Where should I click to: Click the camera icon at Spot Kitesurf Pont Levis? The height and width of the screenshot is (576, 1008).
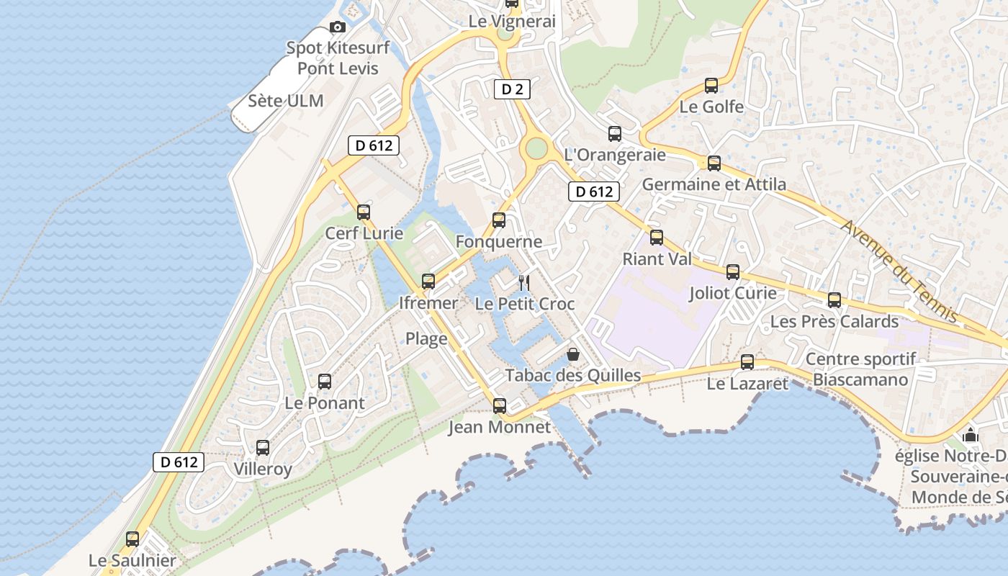pyautogui.click(x=337, y=27)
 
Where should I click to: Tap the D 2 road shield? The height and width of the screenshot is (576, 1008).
pyautogui.click(x=512, y=89)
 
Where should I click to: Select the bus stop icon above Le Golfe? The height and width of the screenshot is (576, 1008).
pyautogui.click(x=711, y=86)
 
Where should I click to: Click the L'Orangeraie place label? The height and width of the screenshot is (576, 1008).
pyautogui.click(x=615, y=155)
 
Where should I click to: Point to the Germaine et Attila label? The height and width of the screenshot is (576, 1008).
pyautogui.click(x=714, y=184)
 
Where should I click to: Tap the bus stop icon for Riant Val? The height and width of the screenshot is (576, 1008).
pyautogui.click(x=657, y=237)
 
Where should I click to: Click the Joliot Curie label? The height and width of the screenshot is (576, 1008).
pyautogui.click(x=733, y=293)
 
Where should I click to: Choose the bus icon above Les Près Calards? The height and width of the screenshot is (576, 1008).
pyautogui.click(x=834, y=300)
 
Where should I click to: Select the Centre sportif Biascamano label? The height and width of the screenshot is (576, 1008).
pyautogui.click(x=860, y=369)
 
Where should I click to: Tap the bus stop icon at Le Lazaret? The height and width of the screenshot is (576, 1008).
pyautogui.click(x=747, y=362)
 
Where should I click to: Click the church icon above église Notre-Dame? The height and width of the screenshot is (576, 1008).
pyautogui.click(x=970, y=435)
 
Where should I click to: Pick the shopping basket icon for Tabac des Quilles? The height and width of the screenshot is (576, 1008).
pyautogui.click(x=573, y=354)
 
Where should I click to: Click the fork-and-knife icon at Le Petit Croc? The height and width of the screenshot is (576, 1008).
pyautogui.click(x=524, y=283)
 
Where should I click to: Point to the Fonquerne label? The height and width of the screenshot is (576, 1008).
pyautogui.click(x=499, y=242)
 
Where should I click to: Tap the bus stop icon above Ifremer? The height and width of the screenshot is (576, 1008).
pyautogui.click(x=428, y=282)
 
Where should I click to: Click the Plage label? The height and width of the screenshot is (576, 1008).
pyautogui.click(x=426, y=338)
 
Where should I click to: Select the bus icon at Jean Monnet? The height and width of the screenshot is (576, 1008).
pyautogui.click(x=500, y=406)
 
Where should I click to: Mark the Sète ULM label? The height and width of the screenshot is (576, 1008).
pyautogui.click(x=286, y=101)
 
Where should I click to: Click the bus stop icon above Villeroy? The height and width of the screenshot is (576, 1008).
pyautogui.click(x=263, y=448)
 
